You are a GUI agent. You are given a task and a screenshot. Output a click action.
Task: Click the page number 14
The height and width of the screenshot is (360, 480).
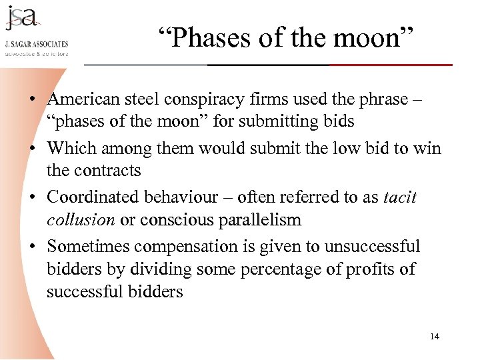tap(435, 336)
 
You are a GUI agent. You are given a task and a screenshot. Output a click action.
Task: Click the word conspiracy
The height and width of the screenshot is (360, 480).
tap(213, 99)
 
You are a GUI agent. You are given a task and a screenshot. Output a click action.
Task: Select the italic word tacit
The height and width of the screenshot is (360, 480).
tap(400, 197)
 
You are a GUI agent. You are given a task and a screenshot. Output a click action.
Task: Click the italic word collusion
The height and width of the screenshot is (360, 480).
tap(80, 220)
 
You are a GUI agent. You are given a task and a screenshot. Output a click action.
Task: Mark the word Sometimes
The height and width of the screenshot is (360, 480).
tap(88, 247)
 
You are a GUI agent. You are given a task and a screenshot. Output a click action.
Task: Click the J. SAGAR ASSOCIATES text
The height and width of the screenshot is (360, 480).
tap(37, 44)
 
